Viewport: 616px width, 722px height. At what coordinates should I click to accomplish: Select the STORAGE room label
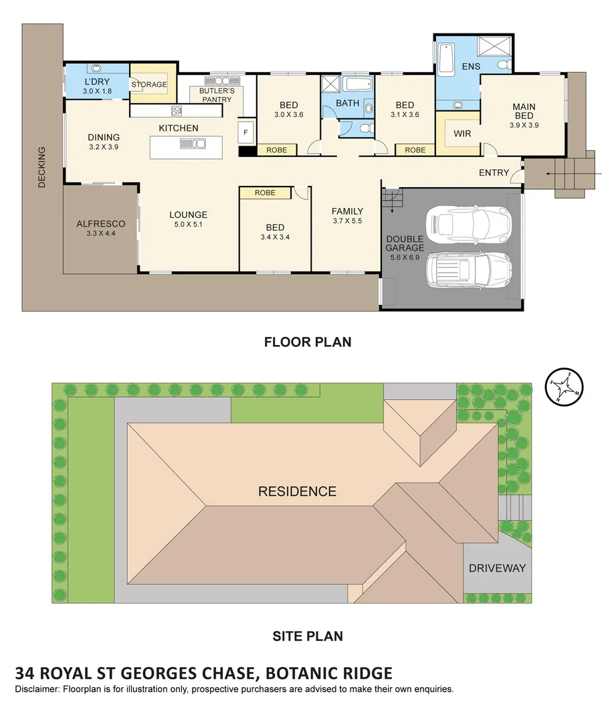148,85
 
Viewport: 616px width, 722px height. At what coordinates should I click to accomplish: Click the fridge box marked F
245,132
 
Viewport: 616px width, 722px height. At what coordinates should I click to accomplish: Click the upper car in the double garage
468,224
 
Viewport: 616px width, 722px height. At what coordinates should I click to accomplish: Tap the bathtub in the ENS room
446,57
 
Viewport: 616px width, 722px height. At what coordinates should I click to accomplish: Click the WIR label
462,134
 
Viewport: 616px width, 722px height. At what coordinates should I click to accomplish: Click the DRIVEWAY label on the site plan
497,568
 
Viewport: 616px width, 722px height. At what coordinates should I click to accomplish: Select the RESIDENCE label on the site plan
297,491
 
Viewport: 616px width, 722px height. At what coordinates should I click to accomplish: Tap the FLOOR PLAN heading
308,342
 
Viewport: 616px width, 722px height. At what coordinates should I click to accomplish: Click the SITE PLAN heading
308,636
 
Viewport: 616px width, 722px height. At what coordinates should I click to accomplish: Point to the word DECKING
41,167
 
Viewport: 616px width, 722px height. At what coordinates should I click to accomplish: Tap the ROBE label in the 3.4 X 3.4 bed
265,193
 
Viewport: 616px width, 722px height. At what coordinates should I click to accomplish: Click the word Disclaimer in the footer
37,689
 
